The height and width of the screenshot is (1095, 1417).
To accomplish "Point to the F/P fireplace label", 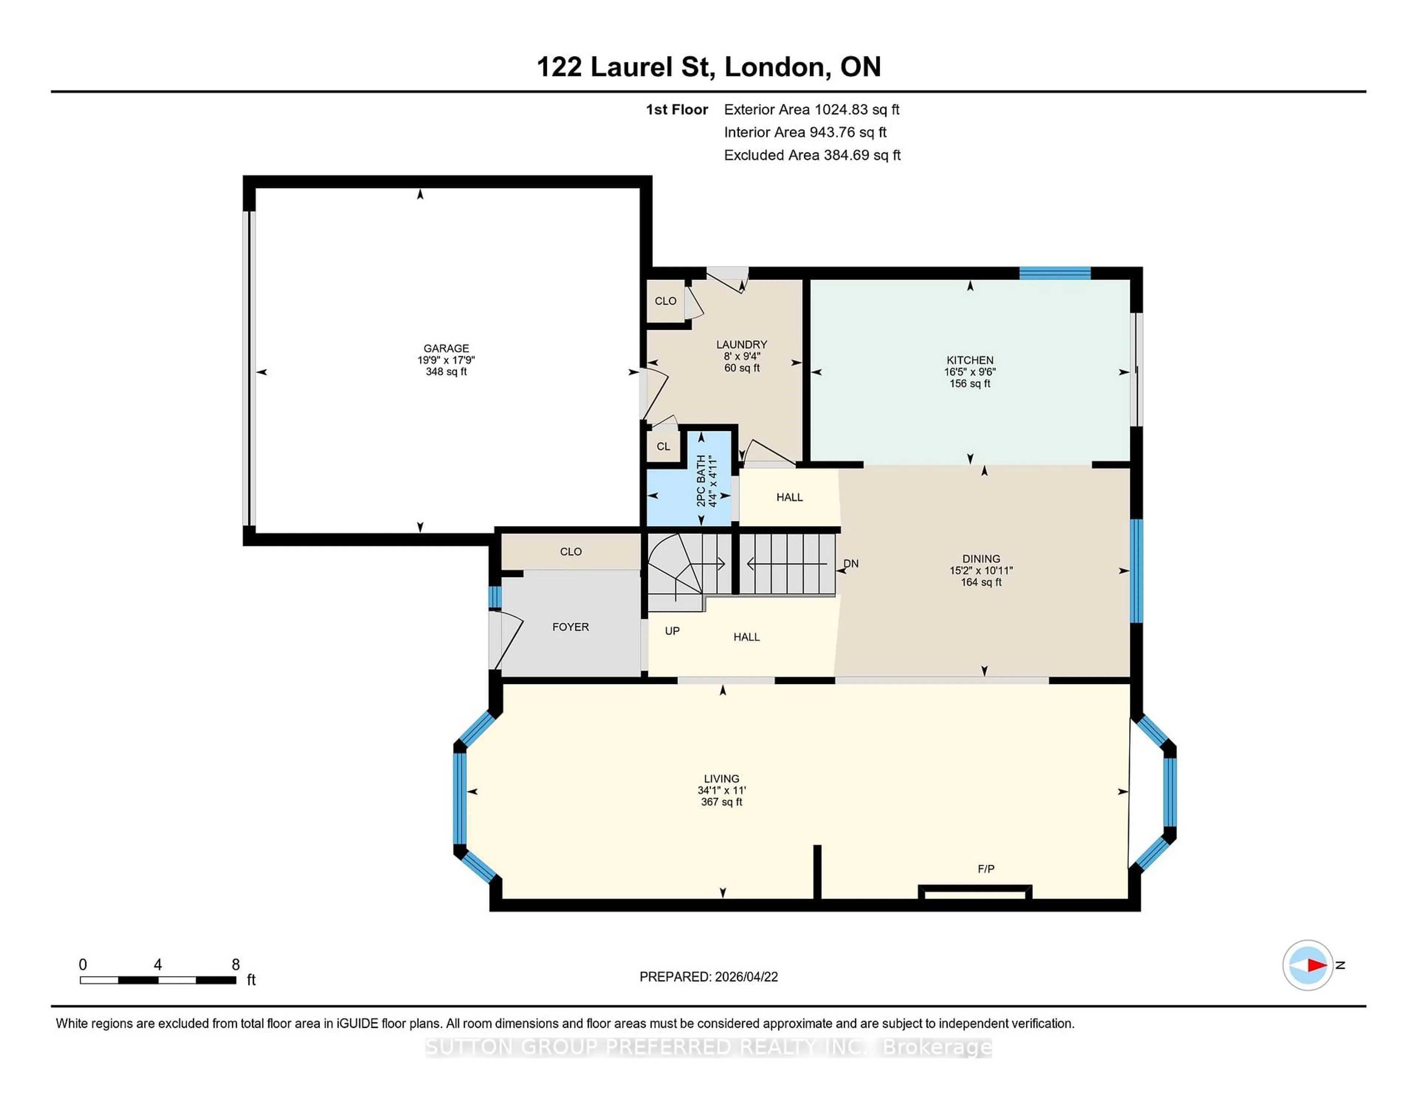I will (x=986, y=868).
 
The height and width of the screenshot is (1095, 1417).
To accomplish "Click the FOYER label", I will (x=570, y=627).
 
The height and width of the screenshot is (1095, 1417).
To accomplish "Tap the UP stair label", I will (x=672, y=631).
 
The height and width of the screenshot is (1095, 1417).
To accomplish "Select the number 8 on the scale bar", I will (x=235, y=965).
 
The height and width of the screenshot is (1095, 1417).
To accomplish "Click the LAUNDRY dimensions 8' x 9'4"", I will (x=742, y=356).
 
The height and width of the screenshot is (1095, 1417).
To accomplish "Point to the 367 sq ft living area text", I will (x=721, y=802).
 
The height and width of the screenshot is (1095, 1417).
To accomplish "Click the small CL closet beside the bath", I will (x=663, y=446).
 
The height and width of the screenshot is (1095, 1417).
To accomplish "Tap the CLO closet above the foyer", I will (x=570, y=552).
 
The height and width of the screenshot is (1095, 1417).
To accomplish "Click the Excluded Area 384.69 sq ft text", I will (x=812, y=155).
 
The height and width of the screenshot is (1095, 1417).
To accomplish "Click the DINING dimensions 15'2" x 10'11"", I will (x=981, y=570).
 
